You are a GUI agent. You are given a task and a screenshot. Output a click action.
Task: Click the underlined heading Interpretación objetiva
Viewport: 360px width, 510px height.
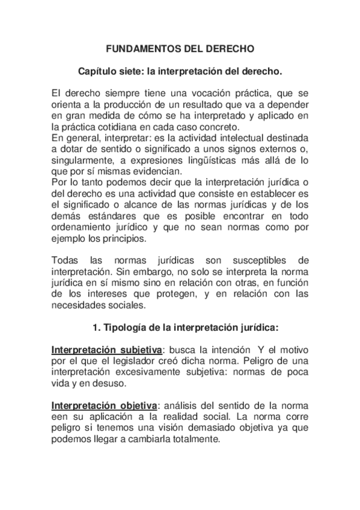[x=106, y=405]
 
